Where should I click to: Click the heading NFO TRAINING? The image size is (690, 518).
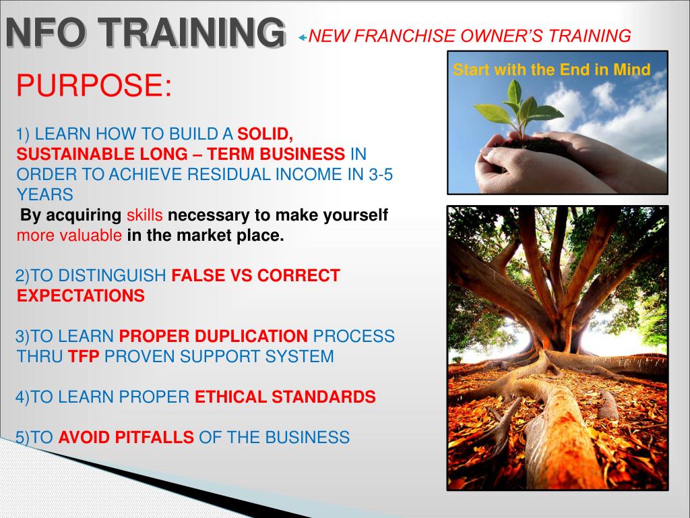pyautogui.click(x=146, y=32)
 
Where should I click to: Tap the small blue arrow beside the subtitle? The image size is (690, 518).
pyautogui.click(x=303, y=38)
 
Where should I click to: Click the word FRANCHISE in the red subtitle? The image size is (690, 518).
pyautogui.click(x=405, y=36)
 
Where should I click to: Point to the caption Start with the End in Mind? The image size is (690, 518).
pyautogui.click(x=551, y=69)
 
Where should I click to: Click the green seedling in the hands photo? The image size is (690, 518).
pyautogui.click(x=520, y=108)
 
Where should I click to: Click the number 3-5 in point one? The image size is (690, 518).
pyautogui.click(x=381, y=175)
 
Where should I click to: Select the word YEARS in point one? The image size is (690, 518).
pyautogui.click(x=45, y=195)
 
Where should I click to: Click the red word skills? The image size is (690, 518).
pyautogui.click(x=144, y=215)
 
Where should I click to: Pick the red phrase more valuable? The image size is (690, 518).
pyautogui.click(x=69, y=235)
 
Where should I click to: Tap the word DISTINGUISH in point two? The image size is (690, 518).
pyautogui.click(x=113, y=276)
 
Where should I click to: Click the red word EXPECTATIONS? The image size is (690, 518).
pyautogui.click(x=81, y=295)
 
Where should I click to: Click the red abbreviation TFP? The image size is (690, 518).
pyautogui.click(x=84, y=356)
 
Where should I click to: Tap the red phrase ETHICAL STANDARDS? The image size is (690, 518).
pyautogui.click(x=285, y=397)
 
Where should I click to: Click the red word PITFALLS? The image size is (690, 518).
pyautogui.click(x=154, y=437)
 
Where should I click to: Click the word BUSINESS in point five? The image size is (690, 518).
pyautogui.click(x=307, y=437)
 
